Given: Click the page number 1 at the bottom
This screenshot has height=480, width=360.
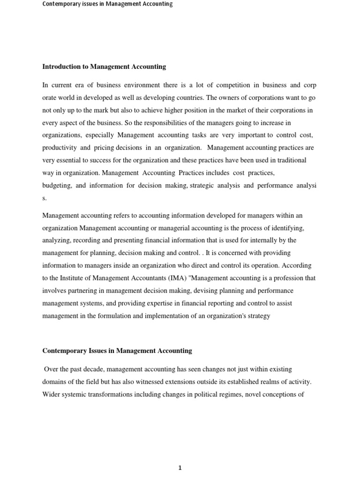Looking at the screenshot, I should (x=180, y=455).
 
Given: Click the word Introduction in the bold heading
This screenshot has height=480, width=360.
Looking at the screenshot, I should (x=60, y=67).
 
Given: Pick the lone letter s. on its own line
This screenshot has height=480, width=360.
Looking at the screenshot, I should (x=45, y=198).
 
